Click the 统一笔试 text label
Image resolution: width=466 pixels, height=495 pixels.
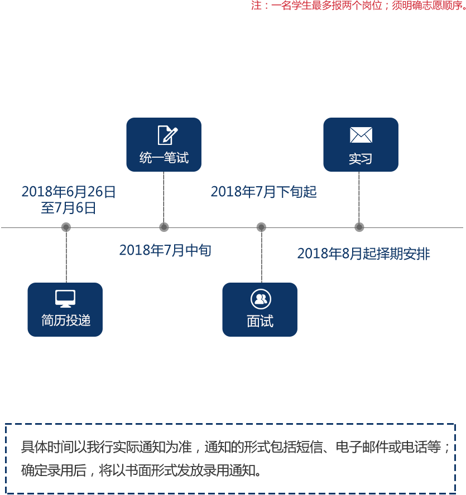(x=164, y=158)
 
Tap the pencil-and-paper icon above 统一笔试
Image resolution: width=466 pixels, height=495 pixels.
(x=167, y=135)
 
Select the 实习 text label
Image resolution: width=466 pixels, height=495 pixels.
(x=360, y=159)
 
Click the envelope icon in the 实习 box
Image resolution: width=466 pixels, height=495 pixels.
(x=361, y=135)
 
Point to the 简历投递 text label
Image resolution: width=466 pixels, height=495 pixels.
(x=65, y=321)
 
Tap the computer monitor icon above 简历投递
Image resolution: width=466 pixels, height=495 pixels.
(x=65, y=299)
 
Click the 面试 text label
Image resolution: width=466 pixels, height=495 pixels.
(x=260, y=321)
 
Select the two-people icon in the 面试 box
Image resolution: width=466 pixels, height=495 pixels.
(x=260, y=299)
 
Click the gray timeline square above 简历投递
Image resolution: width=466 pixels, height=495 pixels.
(x=66, y=227)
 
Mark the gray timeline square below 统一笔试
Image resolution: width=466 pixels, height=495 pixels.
(x=164, y=227)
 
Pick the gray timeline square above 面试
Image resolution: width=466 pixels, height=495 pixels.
(x=261, y=227)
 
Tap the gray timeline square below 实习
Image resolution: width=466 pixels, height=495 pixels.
(x=359, y=227)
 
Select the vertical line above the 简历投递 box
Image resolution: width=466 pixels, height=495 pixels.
(x=66, y=257)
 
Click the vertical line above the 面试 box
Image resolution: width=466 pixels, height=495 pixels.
(x=261, y=257)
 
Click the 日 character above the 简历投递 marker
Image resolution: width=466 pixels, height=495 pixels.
(x=111, y=192)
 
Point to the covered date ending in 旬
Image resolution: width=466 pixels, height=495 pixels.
(x=165, y=250)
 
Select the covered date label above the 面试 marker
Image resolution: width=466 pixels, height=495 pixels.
(x=263, y=192)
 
